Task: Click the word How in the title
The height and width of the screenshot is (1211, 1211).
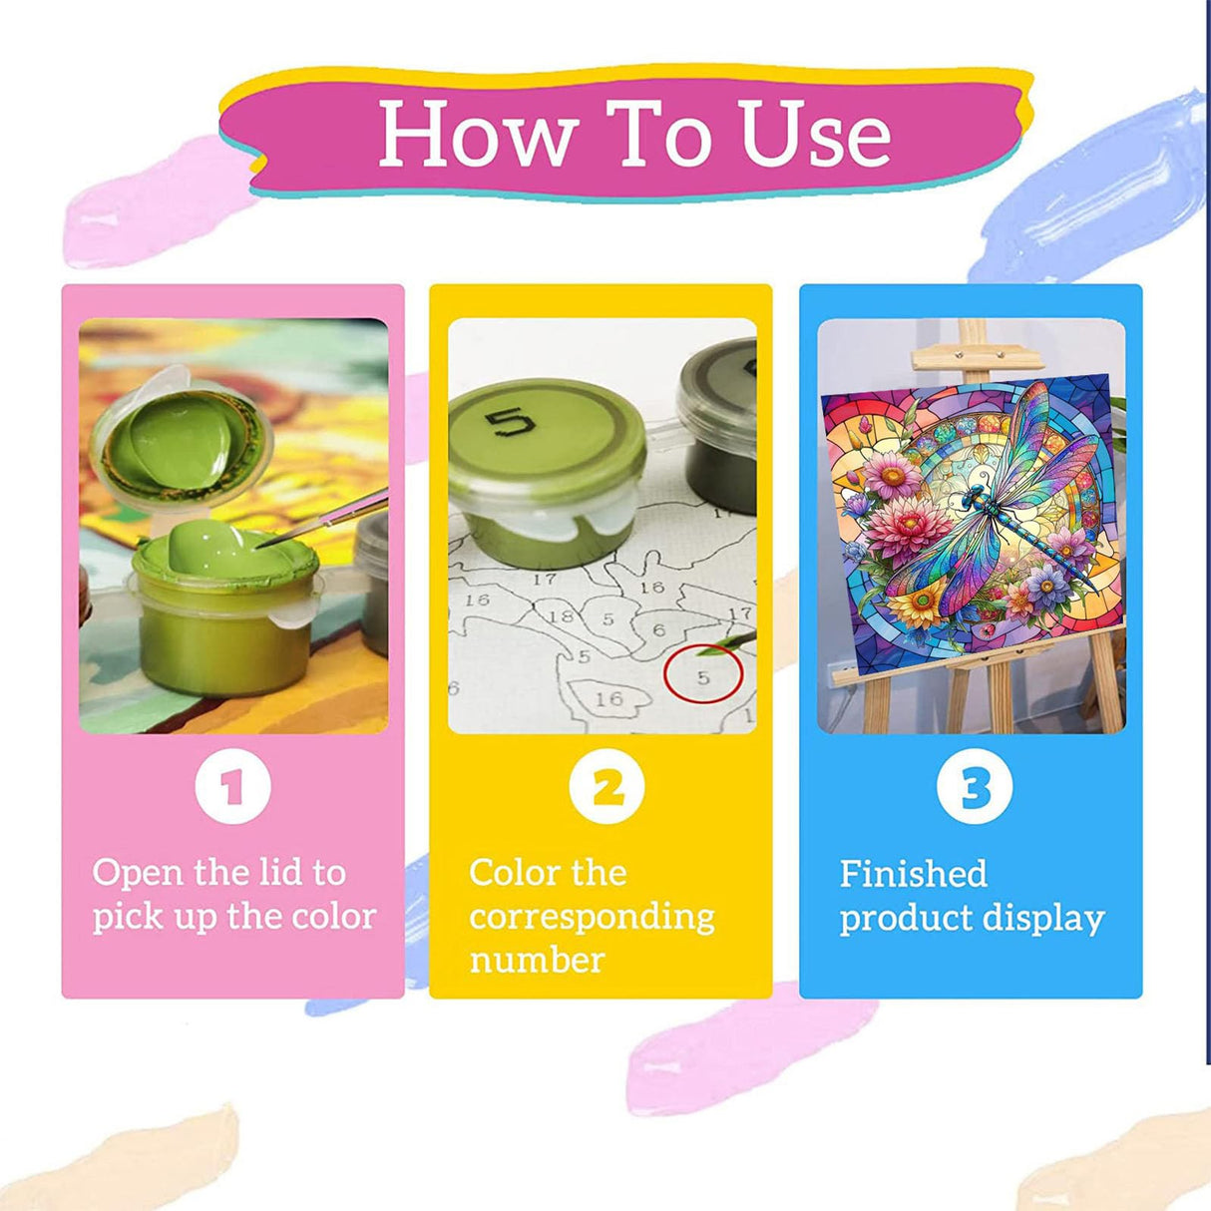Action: pos(479,134)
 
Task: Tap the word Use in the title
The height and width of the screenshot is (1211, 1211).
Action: pos(816,134)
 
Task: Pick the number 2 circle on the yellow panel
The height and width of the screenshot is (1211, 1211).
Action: pos(607,786)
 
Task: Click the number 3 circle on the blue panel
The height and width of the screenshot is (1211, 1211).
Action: pos(974,786)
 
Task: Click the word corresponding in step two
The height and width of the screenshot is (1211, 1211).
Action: pos(592,919)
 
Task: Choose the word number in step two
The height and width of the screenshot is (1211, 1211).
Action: pos(537,961)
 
